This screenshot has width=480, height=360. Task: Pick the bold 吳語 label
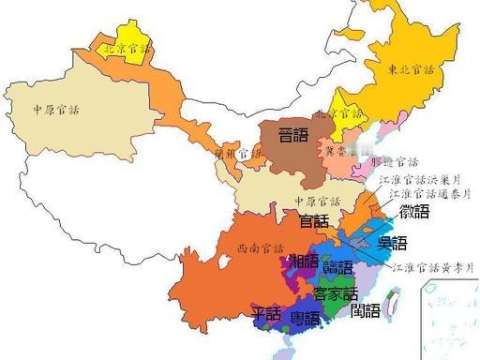[392, 245]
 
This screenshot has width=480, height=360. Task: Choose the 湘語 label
[305, 260]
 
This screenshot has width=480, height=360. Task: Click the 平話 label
[267, 311]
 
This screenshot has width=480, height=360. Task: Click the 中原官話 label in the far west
[56, 109]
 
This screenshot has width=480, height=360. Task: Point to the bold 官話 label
[314, 222]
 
